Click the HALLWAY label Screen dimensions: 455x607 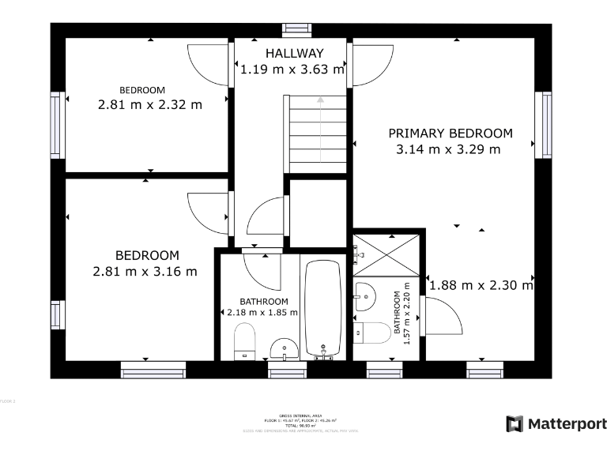[x=294, y=54]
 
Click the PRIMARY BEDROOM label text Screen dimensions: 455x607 [x=450, y=133]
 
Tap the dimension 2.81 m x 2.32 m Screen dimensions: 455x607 [x=149, y=104]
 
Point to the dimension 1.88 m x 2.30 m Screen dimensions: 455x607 [x=481, y=285]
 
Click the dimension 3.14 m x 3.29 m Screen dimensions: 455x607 [x=447, y=149]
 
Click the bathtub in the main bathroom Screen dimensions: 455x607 [x=323, y=310]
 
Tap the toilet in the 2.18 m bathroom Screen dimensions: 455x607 [x=246, y=342]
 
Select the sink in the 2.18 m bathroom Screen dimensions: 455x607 [x=283, y=347]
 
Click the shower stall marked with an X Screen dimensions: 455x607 [x=387, y=254]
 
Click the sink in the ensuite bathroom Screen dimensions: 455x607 [x=366, y=295]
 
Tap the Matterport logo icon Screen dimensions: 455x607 [x=515, y=424]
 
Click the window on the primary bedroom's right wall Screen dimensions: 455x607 [x=544, y=124]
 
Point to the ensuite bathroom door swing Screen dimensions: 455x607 [x=443, y=316]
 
